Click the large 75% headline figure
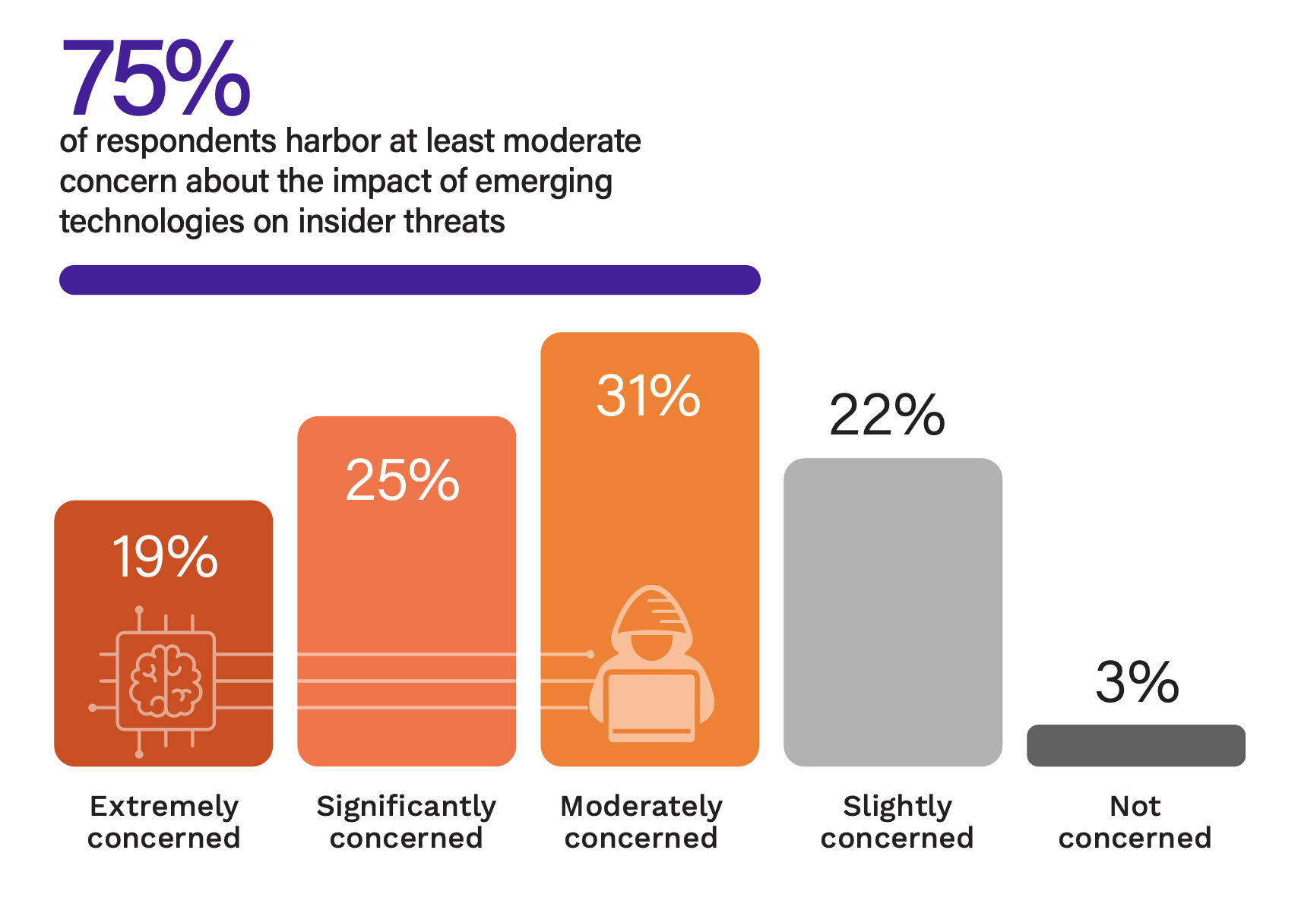(156, 79)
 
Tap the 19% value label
(165, 557)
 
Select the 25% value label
(402, 480)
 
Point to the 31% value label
(648, 396)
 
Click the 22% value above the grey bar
(887, 416)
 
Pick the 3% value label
(1137, 682)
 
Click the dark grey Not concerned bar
(1135, 745)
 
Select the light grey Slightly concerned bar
(893, 611)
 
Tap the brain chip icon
(166, 681)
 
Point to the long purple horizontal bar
(410, 280)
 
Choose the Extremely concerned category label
(164, 822)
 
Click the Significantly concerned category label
(407, 822)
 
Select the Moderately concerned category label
(641, 822)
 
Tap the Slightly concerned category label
(898, 822)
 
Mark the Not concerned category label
(1135, 822)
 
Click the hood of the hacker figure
(652, 608)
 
